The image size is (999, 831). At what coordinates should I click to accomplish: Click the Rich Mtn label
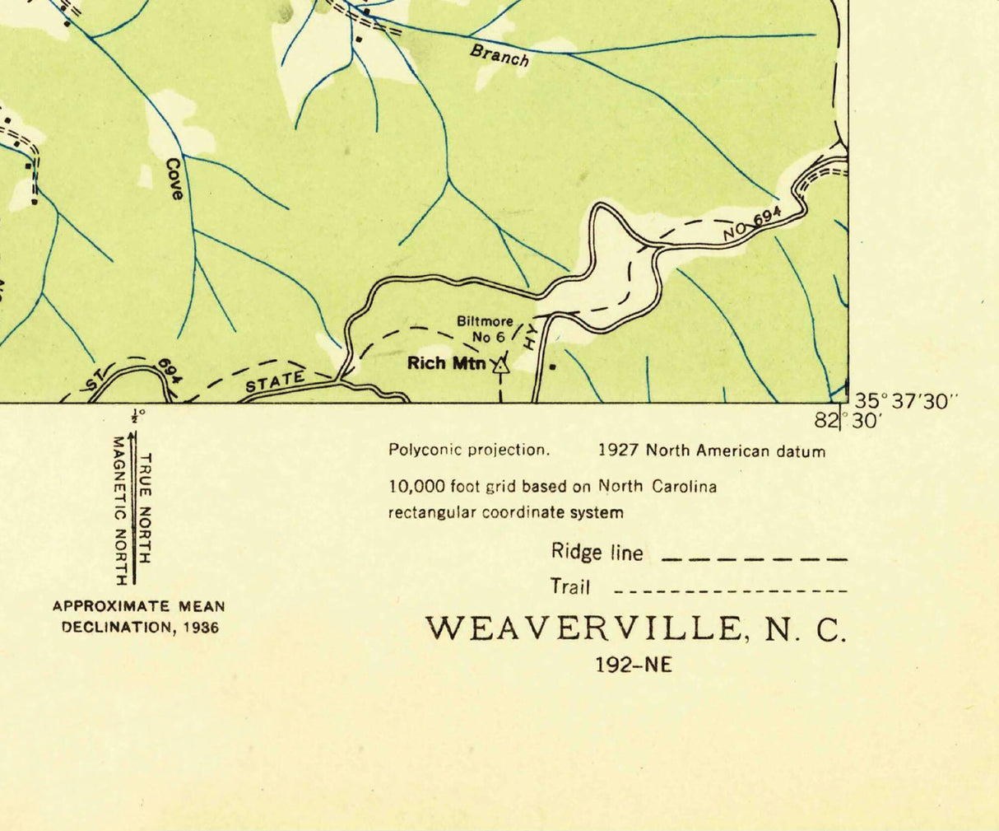pos(447,363)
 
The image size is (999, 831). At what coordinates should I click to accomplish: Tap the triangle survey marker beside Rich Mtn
pos(499,366)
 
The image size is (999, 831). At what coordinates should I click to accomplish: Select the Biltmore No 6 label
pos(485,329)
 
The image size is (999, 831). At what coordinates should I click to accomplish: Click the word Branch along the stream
pos(499,55)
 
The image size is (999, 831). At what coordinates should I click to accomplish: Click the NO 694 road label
pos(751,223)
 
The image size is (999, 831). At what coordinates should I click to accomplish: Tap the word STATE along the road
pos(275,381)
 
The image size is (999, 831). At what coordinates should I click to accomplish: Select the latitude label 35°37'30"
pos(906,401)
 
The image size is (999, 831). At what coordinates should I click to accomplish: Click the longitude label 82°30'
pos(848,421)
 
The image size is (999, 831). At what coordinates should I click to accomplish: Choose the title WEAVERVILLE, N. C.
pos(635,629)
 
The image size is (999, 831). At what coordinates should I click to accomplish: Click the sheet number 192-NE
pos(634,664)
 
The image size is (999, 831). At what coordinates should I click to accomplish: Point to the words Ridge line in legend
pos(597,552)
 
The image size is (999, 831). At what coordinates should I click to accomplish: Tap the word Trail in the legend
pos(570,587)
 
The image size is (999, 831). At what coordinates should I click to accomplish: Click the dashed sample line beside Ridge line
pos(754,559)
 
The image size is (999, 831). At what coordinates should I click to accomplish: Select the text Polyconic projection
pos(468,451)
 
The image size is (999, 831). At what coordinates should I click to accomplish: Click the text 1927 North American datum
pos(711,451)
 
